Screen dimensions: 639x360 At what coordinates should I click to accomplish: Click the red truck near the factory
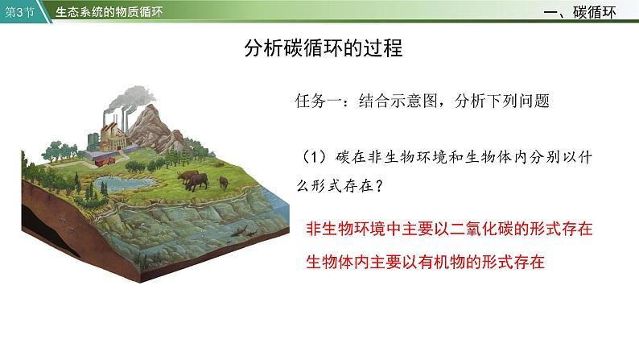coord(105,161)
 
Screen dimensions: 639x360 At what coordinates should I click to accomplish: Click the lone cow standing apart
coord(223,183)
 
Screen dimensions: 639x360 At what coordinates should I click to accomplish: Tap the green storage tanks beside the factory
coord(93,141)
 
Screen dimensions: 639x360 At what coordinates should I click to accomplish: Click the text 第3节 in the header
coord(19,12)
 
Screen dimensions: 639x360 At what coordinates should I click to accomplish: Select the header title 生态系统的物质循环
coord(109,12)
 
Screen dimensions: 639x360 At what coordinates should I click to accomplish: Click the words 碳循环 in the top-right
coord(594,12)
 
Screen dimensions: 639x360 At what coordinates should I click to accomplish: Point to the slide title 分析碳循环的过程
coord(324,48)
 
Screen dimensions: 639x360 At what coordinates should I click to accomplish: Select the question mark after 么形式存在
coord(378,186)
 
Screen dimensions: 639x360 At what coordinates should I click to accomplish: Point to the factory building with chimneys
coord(114,134)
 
